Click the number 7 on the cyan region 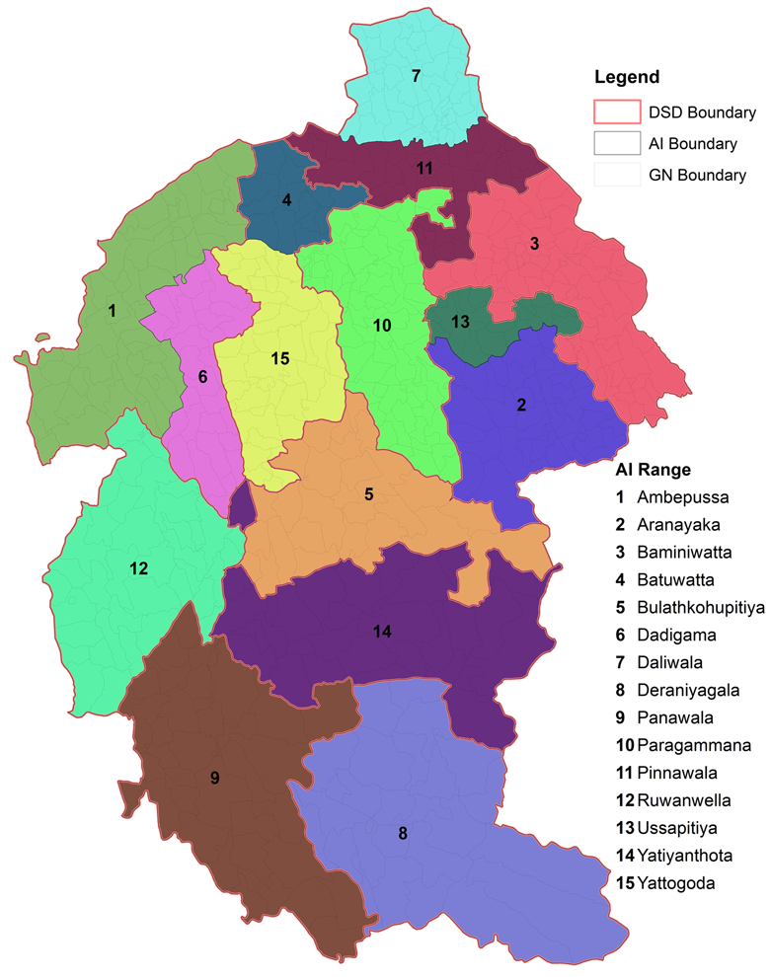point(416,76)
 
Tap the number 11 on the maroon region point(424,168)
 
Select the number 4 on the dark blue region point(286,200)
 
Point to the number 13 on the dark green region point(460,322)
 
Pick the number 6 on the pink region point(202,376)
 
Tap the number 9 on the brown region point(214,778)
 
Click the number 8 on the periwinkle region point(402,834)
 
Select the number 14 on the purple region point(383,632)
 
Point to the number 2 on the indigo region point(521,405)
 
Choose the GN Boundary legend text point(697,176)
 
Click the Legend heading point(627,77)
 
